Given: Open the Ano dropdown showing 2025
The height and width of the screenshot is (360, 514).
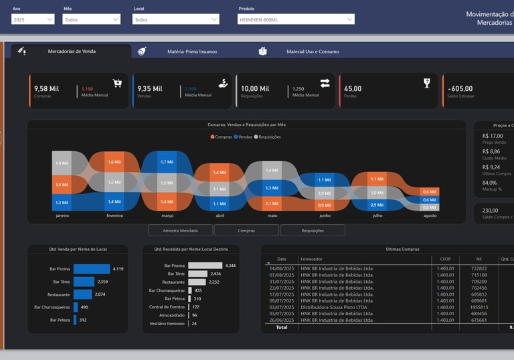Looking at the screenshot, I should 33,19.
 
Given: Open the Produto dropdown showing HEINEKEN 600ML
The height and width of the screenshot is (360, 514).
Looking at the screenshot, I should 296,19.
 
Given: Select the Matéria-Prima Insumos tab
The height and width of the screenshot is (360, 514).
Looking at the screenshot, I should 191,52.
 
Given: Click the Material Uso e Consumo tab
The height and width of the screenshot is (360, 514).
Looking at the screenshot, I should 312,52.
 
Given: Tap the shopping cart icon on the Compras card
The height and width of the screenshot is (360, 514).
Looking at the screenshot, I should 117,84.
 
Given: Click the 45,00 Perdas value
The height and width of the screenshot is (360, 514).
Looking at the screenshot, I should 353,88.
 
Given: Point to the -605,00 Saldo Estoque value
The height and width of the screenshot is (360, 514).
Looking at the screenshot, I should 460,88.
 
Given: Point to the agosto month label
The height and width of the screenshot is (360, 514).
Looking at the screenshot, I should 430,215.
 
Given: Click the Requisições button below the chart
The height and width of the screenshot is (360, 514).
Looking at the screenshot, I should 313,230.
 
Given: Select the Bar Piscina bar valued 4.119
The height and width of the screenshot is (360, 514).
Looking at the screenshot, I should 91,269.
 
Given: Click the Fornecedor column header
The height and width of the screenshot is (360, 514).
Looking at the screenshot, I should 312,258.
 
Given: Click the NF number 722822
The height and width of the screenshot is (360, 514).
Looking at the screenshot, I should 479,268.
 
